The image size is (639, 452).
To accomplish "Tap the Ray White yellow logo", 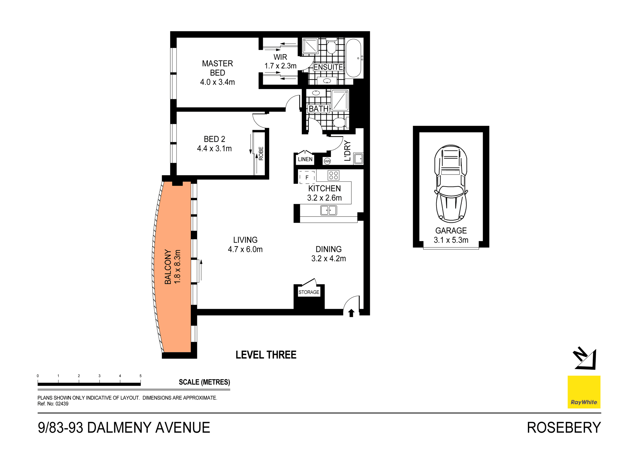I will [584, 392].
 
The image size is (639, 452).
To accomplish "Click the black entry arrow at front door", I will [351, 313].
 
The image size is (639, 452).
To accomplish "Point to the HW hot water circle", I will [327, 161].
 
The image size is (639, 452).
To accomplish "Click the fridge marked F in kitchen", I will [307, 177].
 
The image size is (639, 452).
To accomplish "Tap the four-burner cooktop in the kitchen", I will [334, 175].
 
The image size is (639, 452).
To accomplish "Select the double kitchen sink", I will [329, 210].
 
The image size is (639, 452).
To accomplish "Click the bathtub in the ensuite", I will [354, 58].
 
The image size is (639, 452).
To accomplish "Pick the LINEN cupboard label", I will [305, 159].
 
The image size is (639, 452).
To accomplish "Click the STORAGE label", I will [309, 292].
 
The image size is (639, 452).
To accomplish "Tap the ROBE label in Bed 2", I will [261, 153].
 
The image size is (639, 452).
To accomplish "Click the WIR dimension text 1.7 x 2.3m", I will [280, 66].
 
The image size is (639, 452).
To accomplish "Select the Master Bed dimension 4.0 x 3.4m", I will [217, 82].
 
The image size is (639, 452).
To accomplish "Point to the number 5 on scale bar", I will [140, 376].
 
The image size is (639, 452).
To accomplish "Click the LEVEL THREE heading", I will [266, 355].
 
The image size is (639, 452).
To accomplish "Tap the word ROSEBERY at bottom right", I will [563, 428].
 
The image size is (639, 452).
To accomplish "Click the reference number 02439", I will [62, 404].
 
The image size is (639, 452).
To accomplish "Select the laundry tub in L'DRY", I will [359, 159].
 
